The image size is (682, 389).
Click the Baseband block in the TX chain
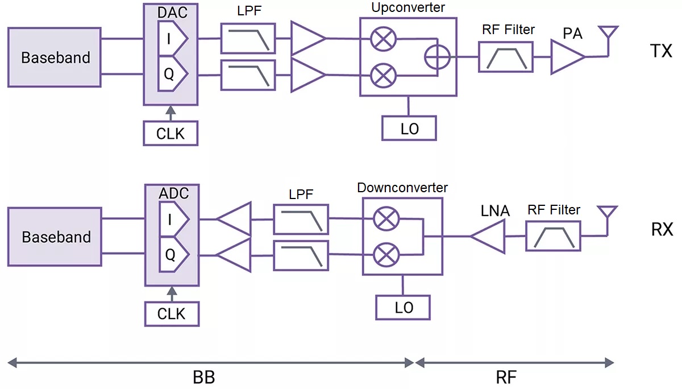(x=55, y=57)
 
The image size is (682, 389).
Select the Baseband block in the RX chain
(x=55, y=237)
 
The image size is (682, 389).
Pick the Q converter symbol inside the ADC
(x=173, y=254)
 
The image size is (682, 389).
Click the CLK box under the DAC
(x=170, y=134)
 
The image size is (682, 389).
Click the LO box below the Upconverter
(x=409, y=129)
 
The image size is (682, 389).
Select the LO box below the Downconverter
(x=403, y=308)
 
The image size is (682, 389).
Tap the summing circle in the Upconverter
(x=438, y=57)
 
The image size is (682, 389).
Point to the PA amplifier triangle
(x=566, y=57)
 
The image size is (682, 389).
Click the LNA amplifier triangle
(x=489, y=236)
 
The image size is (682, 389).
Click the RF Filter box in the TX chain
(x=506, y=57)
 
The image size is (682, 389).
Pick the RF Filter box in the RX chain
(x=554, y=236)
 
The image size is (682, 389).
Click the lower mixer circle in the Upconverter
(x=380, y=75)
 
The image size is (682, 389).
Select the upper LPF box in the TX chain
(x=248, y=39)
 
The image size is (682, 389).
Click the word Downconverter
(x=402, y=187)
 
